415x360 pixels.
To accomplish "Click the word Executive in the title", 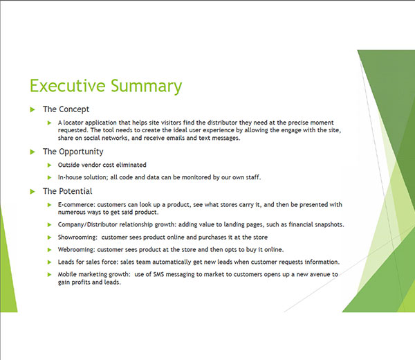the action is coord(68,86).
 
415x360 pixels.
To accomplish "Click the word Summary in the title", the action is coord(147,87).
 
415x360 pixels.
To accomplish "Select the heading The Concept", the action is coord(66,109).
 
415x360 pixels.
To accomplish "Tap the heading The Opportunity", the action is coord(73,152).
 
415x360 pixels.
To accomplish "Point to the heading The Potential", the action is coord(68,191).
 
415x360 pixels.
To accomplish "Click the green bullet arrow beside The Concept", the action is coord(33,109).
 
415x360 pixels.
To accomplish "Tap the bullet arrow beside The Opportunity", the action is coord(33,152).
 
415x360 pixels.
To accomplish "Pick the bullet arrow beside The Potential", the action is coord(33,192).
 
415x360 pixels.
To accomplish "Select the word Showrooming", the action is coord(77,237).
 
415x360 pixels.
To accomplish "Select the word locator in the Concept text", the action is coord(73,123).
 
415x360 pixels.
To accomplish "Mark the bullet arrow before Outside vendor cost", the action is coord(49,165).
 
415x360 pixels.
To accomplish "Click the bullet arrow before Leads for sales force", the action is coord(49,262).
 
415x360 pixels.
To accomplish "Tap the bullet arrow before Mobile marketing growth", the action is coord(49,275).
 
